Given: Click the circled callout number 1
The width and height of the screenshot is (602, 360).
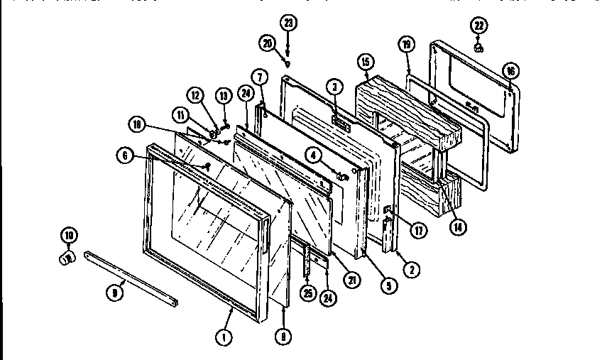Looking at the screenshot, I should [x=224, y=337].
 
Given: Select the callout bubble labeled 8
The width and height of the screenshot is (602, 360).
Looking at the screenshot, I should [x=283, y=338].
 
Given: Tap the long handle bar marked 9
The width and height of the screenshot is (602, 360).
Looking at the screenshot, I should [x=131, y=277].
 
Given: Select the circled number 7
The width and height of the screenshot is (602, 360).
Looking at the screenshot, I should [x=260, y=76].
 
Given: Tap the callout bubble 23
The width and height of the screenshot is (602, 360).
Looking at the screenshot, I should [x=288, y=22].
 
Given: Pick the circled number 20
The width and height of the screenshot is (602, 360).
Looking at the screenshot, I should [x=268, y=44].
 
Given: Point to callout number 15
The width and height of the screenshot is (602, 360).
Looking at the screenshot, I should [x=366, y=61].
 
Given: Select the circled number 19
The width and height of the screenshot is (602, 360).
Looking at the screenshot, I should [x=405, y=45].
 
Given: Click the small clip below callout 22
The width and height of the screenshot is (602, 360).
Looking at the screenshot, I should [x=479, y=49].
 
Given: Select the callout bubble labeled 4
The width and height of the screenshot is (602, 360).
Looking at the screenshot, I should [x=312, y=151].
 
